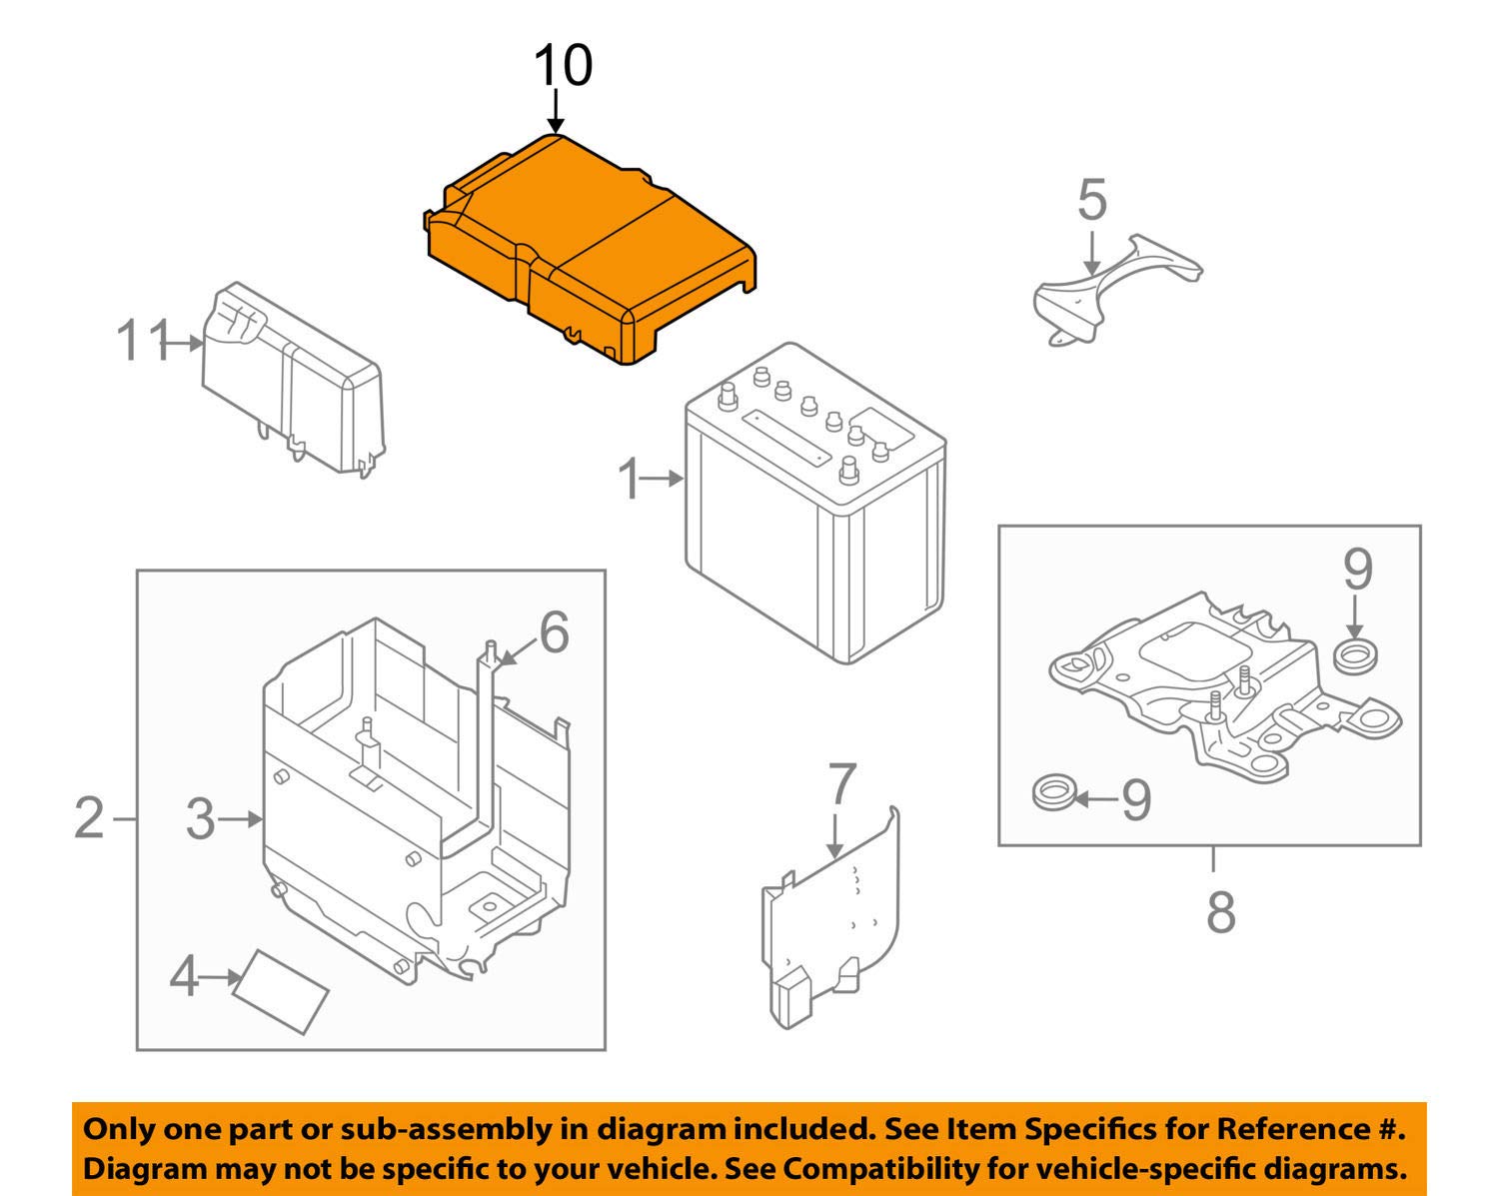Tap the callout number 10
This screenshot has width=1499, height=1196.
(563, 66)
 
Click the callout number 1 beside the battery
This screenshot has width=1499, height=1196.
(630, 480)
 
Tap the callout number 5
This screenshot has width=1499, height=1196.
(1092, 200)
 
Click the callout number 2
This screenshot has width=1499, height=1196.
(89, 818)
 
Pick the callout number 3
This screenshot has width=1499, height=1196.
(201, 819)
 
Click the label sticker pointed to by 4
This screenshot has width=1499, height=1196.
(282, 990)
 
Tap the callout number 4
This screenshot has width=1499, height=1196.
(185, 976)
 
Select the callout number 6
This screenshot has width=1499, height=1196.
(553, 632)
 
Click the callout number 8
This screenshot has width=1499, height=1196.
(1221, 911)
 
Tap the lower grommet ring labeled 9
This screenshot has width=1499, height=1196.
(1051, 794)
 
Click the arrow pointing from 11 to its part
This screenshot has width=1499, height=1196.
(183, 343)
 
